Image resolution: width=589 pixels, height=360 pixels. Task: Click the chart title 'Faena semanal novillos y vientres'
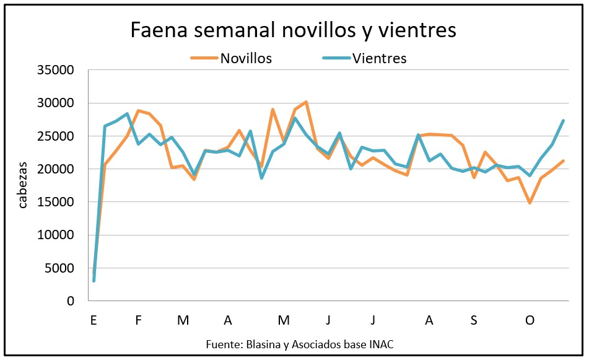coord(292,29)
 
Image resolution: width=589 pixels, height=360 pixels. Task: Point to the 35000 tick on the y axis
coord(55,70)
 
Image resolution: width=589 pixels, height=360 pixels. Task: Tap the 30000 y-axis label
coord(55,103)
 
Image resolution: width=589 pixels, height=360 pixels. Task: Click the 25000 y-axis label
coord(55,136)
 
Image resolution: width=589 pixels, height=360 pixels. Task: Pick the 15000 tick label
coord(55,202)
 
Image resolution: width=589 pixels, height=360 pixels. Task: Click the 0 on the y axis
coord(70,301)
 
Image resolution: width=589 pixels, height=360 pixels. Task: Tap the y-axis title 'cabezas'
coord(22,185)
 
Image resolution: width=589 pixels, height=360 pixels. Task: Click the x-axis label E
coord(94,320)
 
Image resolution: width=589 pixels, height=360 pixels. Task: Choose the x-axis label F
coord(138,320)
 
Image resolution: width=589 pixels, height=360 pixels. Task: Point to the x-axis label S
coord(474,320)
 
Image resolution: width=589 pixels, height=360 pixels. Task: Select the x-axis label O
coord(530,320)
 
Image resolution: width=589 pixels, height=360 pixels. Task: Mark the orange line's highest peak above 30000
coord(306,102)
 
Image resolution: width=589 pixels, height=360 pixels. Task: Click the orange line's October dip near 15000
coord(530,203)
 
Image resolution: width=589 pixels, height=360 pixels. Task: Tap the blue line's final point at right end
coord(563,120)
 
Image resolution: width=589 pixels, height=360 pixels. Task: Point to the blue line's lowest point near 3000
coord(94,281)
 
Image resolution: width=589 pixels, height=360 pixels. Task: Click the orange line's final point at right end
coord(563,161)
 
